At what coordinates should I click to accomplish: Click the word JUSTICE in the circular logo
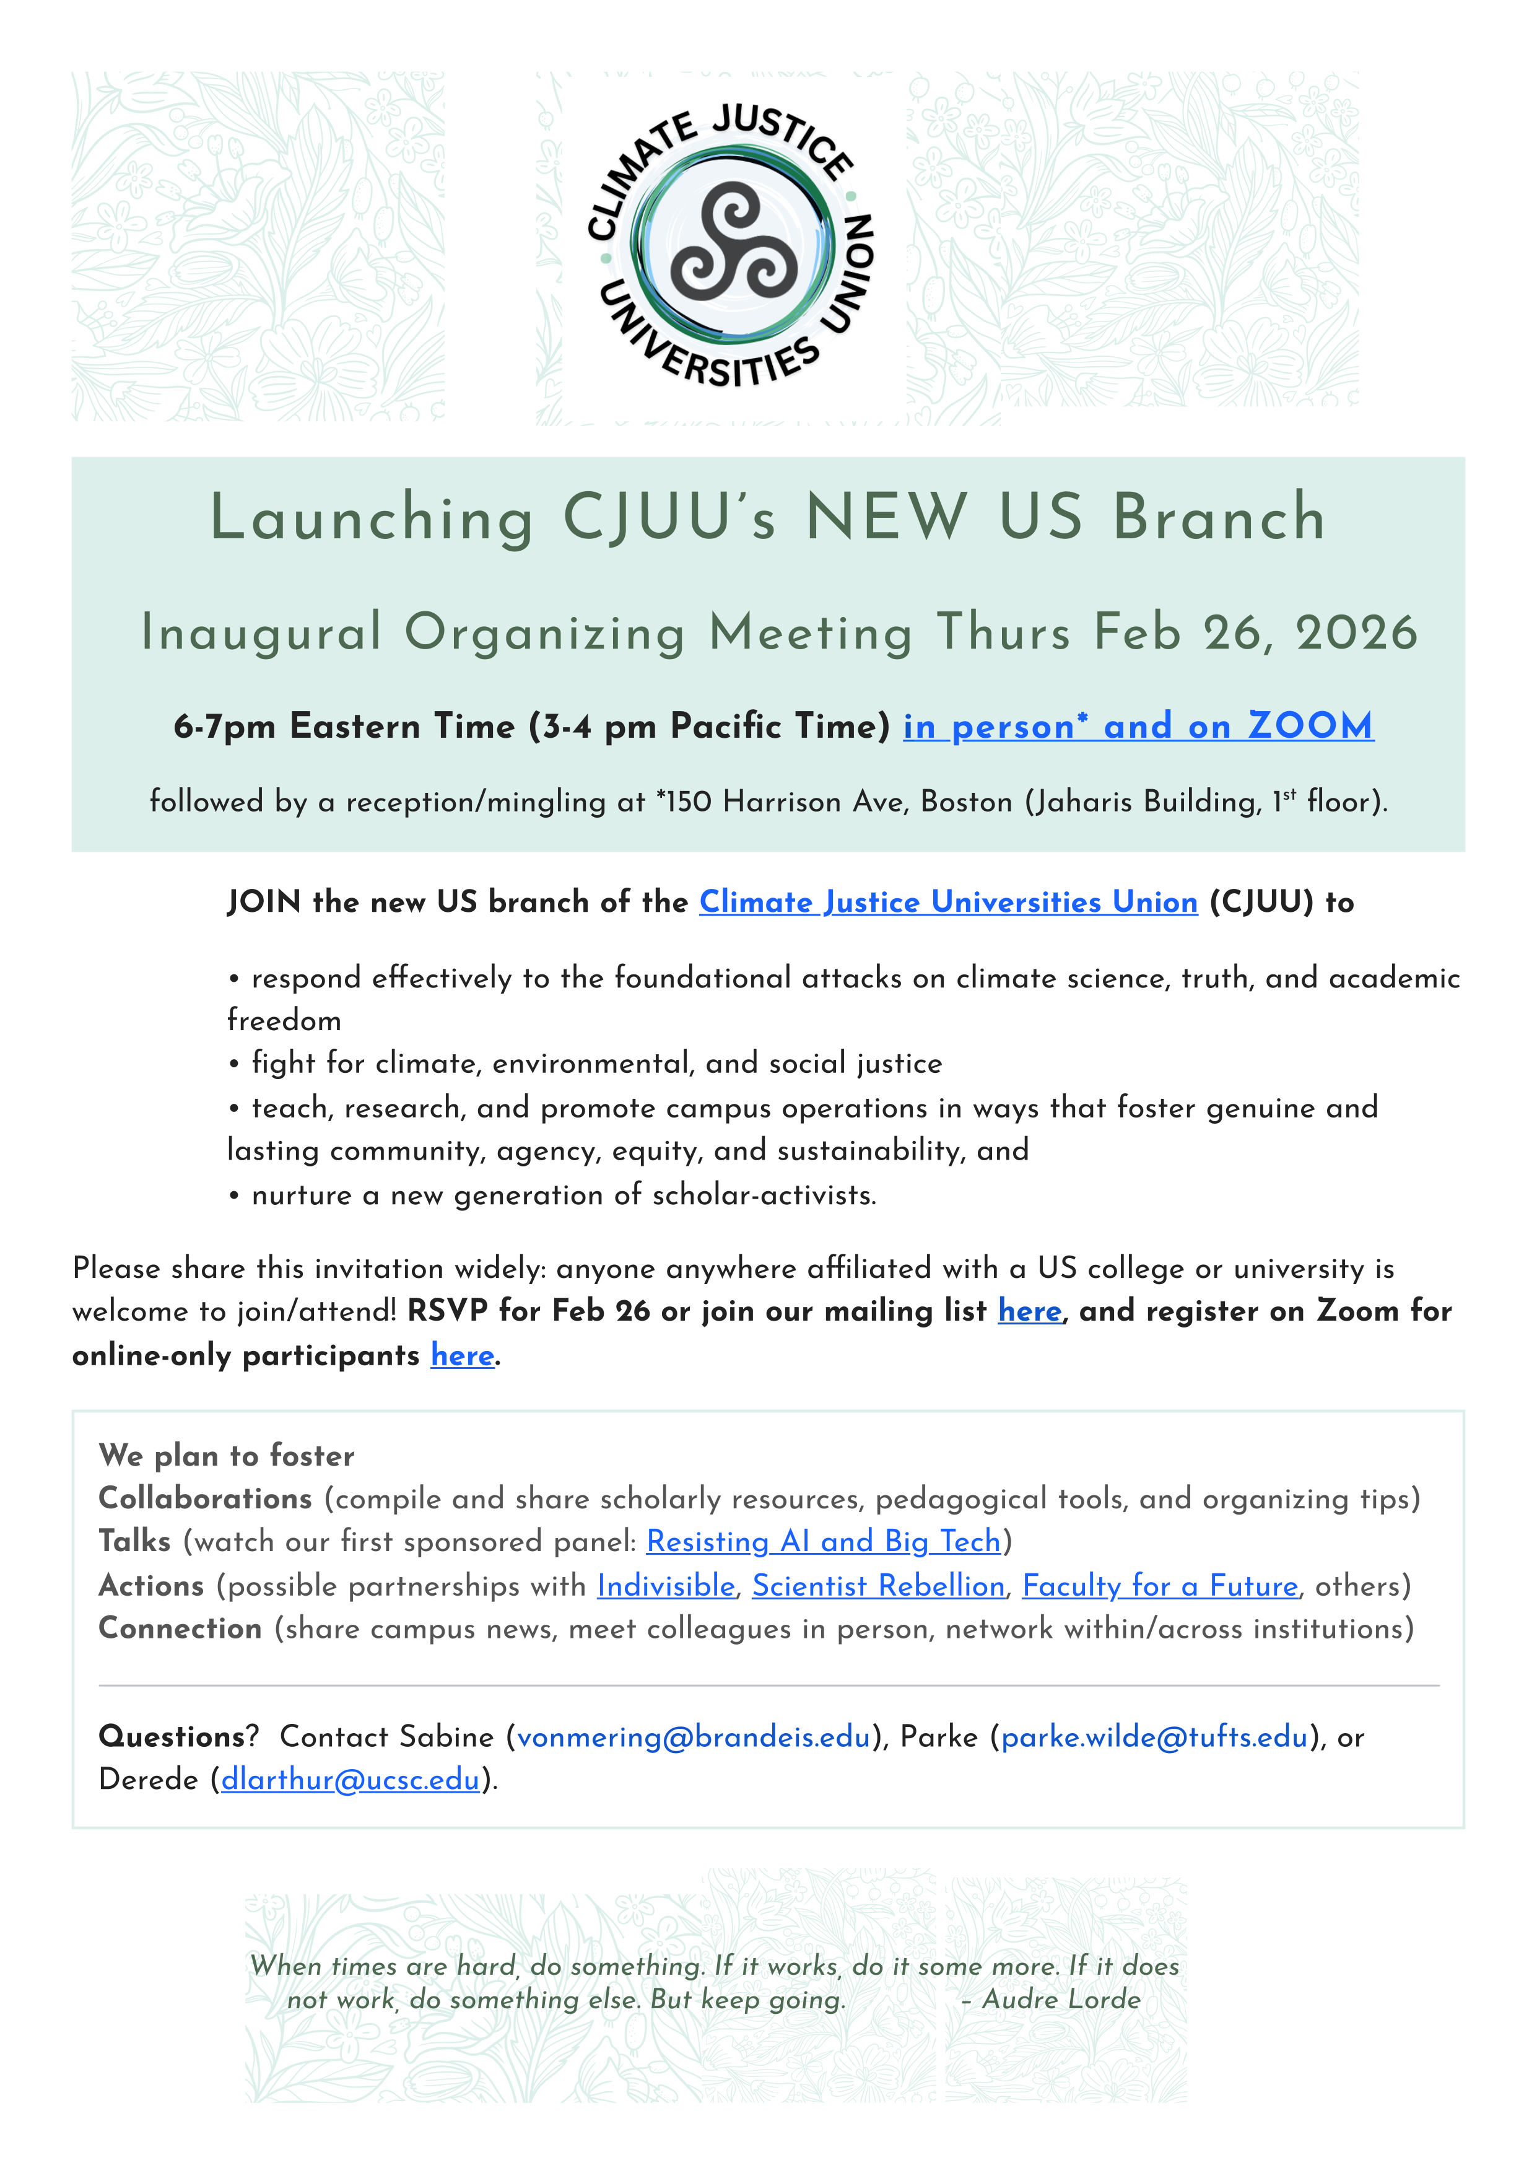coord(782,135)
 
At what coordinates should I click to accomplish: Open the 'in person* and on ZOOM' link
coord(1138,726)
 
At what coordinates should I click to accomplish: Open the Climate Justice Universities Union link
coord(948,902)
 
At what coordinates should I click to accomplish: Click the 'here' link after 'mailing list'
coord(1030,1311)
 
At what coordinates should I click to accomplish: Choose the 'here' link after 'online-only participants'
coord(463,1355)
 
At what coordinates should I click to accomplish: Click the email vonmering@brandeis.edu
coord(694,1737)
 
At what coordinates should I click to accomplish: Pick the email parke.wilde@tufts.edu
coord(1155,1737)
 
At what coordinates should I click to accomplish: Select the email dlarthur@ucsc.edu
coord(350,1779)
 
